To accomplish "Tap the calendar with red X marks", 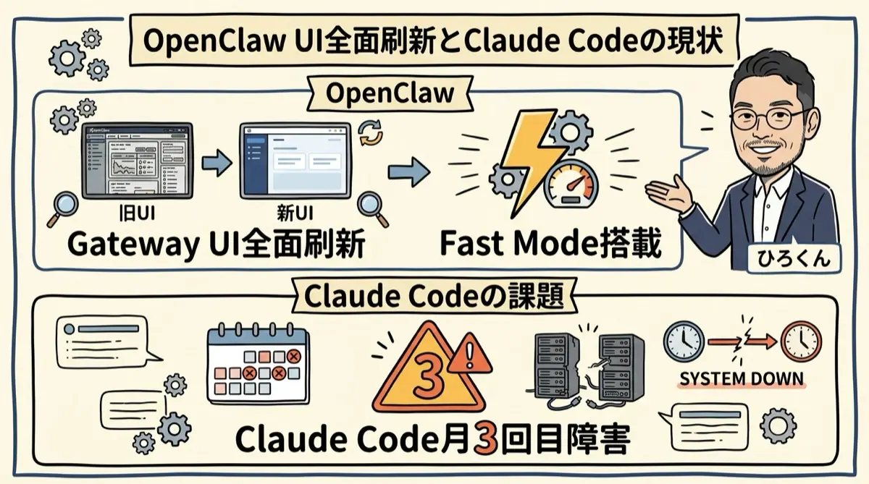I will click(257, 365).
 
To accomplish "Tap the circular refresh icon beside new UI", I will click(370, 133).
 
